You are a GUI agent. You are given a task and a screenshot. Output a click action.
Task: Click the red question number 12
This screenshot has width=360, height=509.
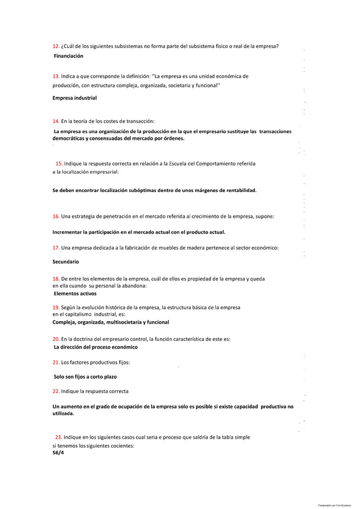[56, 46]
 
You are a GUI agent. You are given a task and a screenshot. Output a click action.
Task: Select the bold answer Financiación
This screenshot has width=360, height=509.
[68, 56]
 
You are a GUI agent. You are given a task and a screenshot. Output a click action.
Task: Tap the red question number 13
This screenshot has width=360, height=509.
[56, 76]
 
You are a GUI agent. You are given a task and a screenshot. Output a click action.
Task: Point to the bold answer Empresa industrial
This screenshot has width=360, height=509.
[74, 98]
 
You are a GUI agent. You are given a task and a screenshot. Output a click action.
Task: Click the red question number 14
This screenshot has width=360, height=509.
[56, 121]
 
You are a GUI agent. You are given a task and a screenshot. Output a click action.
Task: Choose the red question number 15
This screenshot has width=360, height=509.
[59, 163]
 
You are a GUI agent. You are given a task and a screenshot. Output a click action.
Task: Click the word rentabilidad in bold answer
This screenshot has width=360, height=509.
[233, 190]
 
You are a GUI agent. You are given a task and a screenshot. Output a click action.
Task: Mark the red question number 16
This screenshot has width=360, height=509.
[56, 216]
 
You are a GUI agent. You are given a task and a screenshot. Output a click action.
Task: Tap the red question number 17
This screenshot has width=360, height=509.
[56, 248]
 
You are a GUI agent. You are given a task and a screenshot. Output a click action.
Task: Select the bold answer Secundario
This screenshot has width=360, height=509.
[66, 262]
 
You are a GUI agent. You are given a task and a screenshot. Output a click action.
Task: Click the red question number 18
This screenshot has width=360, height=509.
[56, 279]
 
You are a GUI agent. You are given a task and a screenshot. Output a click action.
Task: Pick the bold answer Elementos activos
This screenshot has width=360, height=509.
[75, 294]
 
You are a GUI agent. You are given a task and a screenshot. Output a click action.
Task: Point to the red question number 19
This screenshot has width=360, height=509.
[56, 307]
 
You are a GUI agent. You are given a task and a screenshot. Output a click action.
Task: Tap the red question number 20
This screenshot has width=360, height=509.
[56, 339]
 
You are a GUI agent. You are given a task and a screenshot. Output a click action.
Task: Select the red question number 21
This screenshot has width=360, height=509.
[56, 363]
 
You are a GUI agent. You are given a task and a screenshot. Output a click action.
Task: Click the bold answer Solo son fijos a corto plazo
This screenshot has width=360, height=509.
[85, 377]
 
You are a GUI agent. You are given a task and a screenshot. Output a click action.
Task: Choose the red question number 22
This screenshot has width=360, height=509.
[56, 391]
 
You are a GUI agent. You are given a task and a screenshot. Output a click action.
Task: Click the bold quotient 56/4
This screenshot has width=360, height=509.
[58, 453]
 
